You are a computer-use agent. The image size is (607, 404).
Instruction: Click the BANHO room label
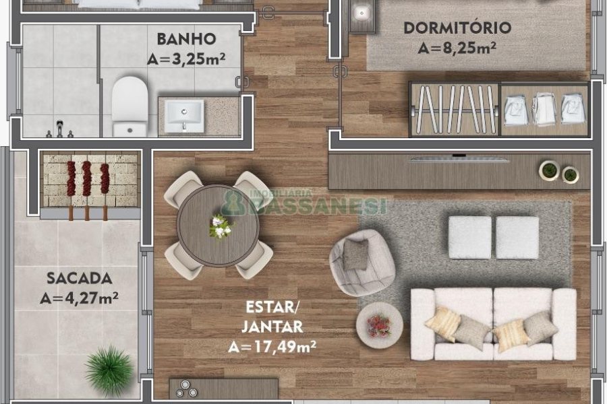click(186, 38)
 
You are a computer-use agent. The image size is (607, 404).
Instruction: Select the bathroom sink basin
click(185, 114)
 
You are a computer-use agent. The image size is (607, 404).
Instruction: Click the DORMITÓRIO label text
click(457, 28)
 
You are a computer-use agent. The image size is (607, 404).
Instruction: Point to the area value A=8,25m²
click(457, 48)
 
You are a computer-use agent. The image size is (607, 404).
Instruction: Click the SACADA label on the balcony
click(70, 277)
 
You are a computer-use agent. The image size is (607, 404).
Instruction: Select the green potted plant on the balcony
click(109, 370)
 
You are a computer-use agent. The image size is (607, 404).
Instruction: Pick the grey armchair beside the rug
click(361, 262)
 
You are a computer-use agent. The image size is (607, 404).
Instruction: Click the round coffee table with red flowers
click(379, 325)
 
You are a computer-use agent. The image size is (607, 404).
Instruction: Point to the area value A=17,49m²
click(272, 347)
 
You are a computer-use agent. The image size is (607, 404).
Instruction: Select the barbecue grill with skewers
click(87, 182)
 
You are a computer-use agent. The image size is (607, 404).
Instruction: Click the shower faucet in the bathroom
click(60, 128)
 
